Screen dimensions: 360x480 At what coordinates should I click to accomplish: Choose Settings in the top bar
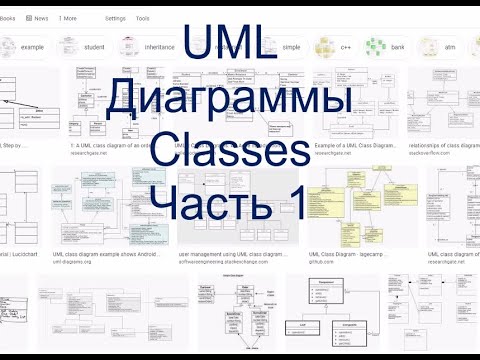point(116,18)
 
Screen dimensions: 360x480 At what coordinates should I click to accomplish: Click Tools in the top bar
point(144,18)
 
